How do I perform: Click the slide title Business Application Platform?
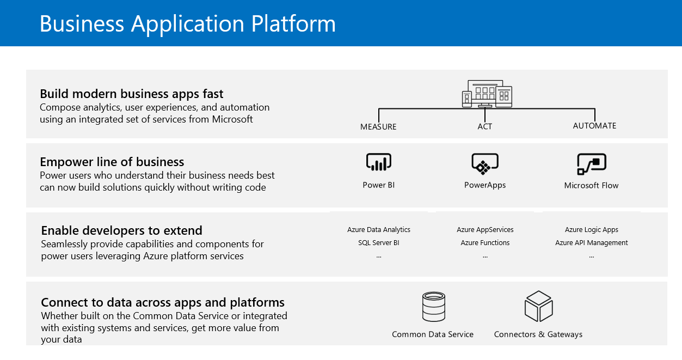coord(188,24)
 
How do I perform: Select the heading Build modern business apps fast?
coord(132,94)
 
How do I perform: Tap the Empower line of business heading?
coord(112,162)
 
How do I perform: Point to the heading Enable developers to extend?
coord(121,230)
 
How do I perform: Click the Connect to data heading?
coord(163,302)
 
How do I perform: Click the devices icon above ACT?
coord(487,94)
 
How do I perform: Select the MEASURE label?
coord(378,127)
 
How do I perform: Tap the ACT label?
coord(485,126)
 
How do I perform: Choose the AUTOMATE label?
coord(594,126)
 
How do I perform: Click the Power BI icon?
coord(378,162)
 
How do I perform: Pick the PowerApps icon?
coord(485,164)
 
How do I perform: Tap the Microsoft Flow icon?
coord(591,164)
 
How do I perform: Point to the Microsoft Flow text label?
coord(591,186)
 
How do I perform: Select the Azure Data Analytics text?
coord(378,230)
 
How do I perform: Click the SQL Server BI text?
coord(378,243)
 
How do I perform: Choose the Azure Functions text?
coord(485,243)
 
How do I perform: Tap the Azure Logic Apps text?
coord(591,230)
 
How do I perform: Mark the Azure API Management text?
coord(591,243)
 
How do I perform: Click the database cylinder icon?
coord(434,307)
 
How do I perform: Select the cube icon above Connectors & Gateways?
coord(538,307)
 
